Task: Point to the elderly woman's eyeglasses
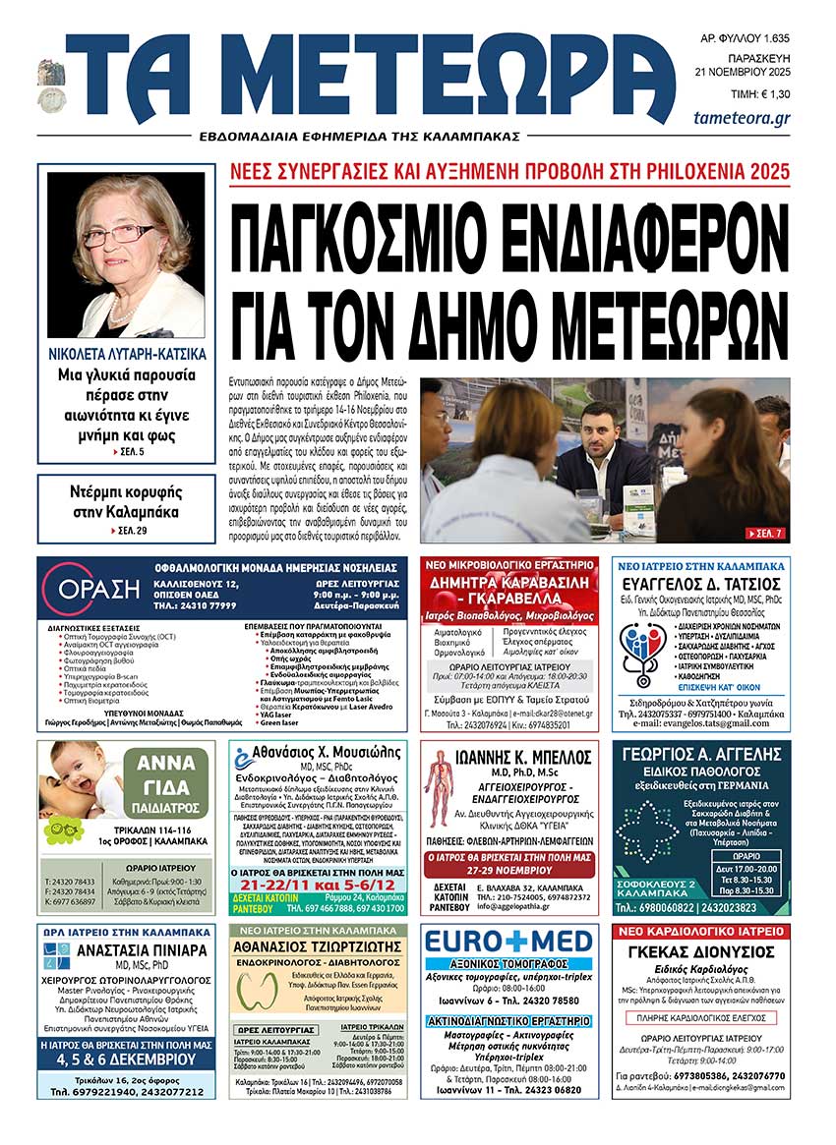119,235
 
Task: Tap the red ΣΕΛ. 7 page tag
764,533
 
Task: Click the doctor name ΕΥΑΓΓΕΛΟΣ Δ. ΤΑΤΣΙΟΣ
701,584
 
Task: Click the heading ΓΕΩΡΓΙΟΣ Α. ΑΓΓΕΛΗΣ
702,759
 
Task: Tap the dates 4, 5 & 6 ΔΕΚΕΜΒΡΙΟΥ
128,1059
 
